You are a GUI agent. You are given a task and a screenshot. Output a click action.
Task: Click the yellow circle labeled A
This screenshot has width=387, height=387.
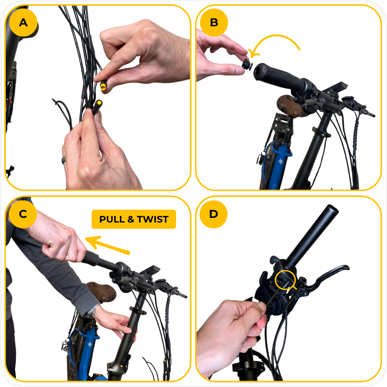click(23, 22)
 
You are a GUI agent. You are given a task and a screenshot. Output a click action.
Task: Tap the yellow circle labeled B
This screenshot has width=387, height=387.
click(214, 22)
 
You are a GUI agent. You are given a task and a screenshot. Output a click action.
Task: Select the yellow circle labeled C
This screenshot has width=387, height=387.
click(23, 214)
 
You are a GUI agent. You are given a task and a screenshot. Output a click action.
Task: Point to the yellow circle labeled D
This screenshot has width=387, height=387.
click(214, 214)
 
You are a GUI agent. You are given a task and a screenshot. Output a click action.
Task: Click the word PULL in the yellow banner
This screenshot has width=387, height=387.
click(112, 219)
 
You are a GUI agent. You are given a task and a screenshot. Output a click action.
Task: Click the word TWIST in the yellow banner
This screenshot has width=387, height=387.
click(153, 219)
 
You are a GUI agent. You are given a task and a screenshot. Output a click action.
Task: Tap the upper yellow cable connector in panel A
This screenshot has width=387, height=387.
click(103, 86)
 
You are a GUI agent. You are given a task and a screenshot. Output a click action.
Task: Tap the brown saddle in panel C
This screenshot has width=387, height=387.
click(101, 292)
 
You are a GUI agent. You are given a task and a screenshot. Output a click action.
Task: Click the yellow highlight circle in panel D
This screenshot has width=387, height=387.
click(286, 280)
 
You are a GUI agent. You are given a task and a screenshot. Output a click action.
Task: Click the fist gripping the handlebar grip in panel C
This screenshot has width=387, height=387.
click(63, 244)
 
